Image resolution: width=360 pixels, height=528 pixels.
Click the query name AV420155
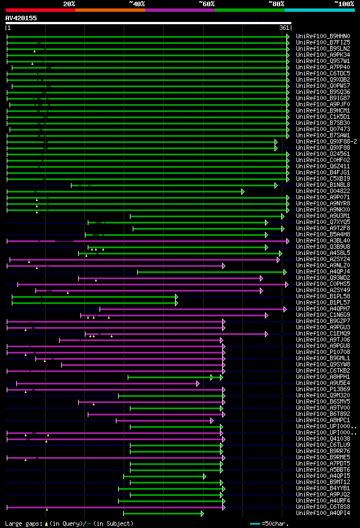(x=21, y=18)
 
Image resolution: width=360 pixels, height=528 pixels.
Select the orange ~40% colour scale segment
(x=110, y=10)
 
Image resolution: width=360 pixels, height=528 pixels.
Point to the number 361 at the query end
(x=284, y=28)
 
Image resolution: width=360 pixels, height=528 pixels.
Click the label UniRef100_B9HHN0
(x=322, y=36)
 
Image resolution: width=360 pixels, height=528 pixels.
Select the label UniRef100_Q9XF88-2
(x=326, y=141)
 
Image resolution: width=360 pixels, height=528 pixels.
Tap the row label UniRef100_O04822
(x=322, y=191)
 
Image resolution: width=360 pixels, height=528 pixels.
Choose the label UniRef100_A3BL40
(x=322, y=241)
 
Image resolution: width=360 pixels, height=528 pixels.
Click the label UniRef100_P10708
(x=322, y=352)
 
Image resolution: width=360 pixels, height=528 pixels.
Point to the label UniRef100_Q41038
(x=322, y=438)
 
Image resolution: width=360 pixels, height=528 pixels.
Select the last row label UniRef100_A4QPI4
(x=322, y=513)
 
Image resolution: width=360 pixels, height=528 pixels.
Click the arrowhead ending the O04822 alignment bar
(x=243, y=191)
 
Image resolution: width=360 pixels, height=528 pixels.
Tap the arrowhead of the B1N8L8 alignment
(x=276, y=185)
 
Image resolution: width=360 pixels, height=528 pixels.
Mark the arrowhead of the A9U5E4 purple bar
(x=197, y=383)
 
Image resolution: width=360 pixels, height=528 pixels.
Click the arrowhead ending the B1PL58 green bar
(x=177, y=297)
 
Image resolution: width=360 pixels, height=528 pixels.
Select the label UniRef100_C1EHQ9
(x=322, y=333)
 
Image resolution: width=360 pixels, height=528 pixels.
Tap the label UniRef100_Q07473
(x=322, y=129)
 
